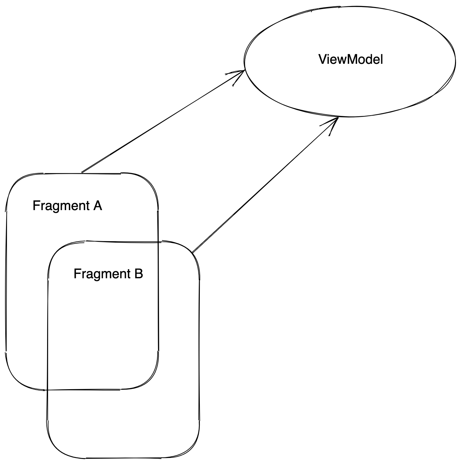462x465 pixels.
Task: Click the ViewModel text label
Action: click(x=350, y=59)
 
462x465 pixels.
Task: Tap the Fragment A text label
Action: click(x=67, y=206)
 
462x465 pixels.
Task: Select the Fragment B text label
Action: click(x=108, y=274)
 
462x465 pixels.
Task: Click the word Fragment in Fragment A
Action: click(x=56, y=206)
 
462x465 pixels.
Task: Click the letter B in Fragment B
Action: click(x=138, y=274)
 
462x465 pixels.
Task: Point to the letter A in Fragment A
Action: click(x=97, y=205)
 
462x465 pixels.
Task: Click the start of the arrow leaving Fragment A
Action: click(x=82, y=172)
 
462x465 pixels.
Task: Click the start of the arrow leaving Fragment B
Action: click(x=192, y=252)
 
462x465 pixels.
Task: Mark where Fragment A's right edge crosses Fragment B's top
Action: click(x=158, y=242)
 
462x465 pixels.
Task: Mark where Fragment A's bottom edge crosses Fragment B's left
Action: click(x=47, y=390)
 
